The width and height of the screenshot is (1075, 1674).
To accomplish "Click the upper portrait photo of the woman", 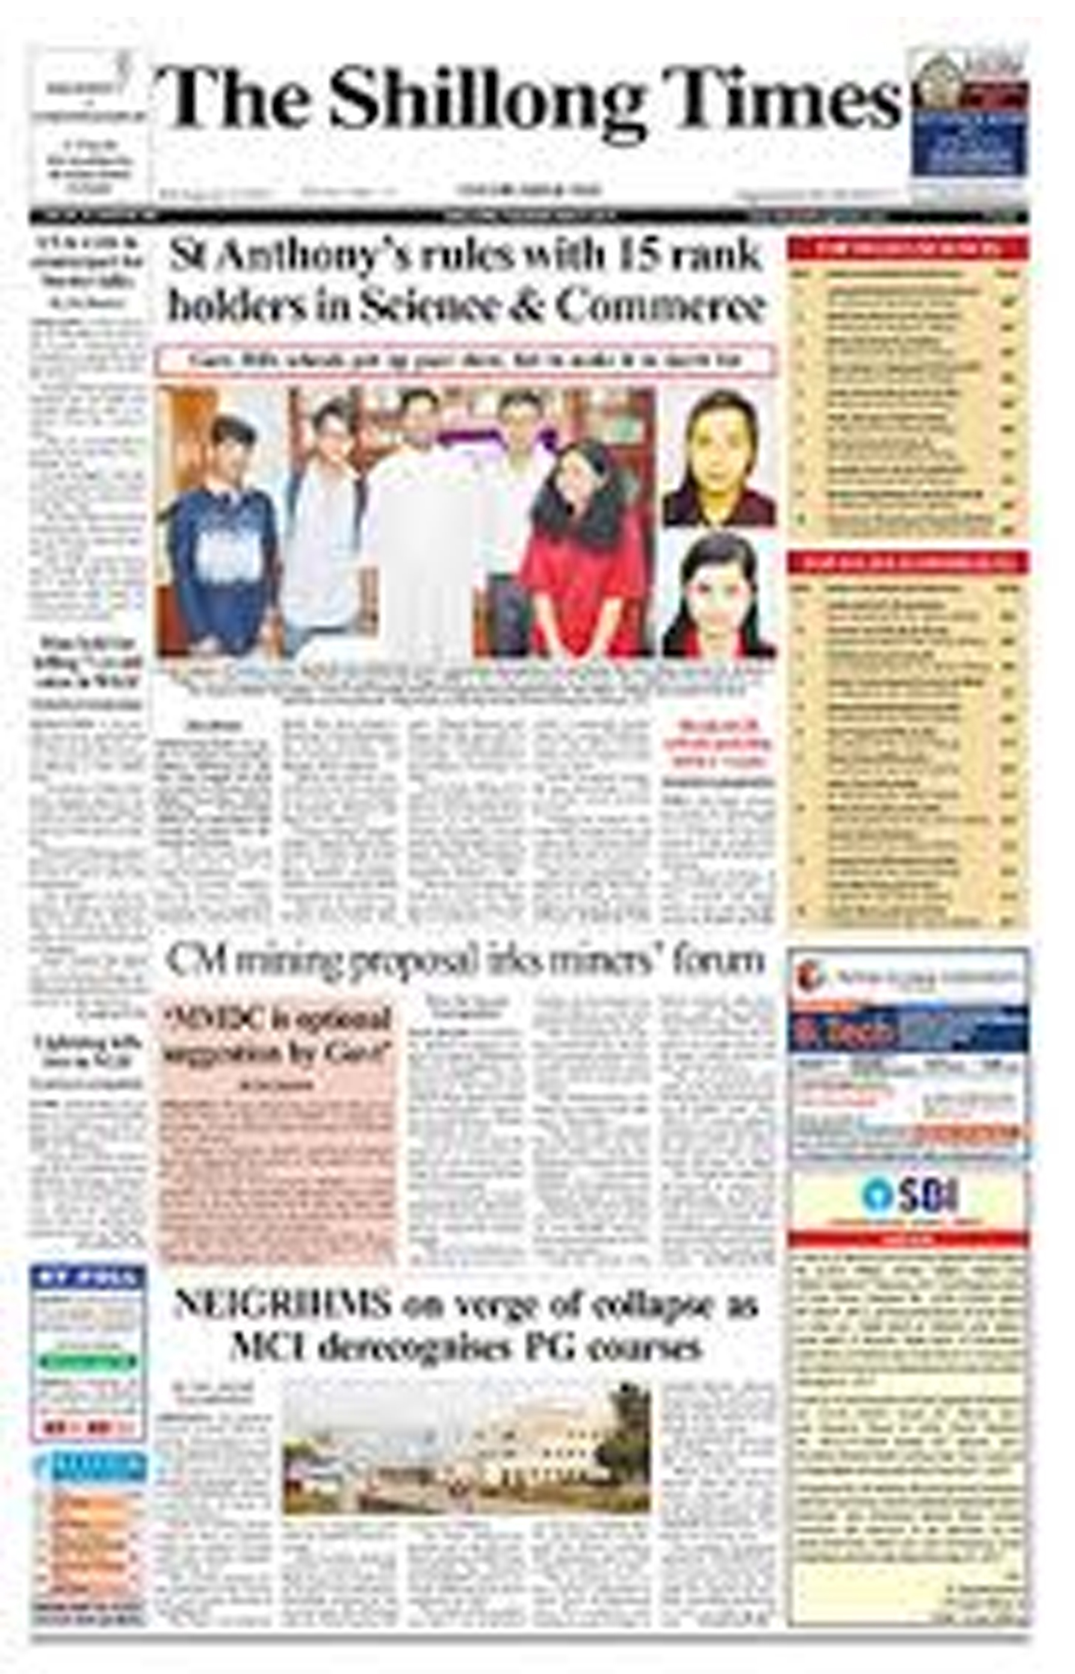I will (x=719, y=457).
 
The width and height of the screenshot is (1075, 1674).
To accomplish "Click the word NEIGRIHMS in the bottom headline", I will (x=282, y=1304).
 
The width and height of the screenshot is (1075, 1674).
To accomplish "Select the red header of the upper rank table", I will (x=908, y=249).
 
